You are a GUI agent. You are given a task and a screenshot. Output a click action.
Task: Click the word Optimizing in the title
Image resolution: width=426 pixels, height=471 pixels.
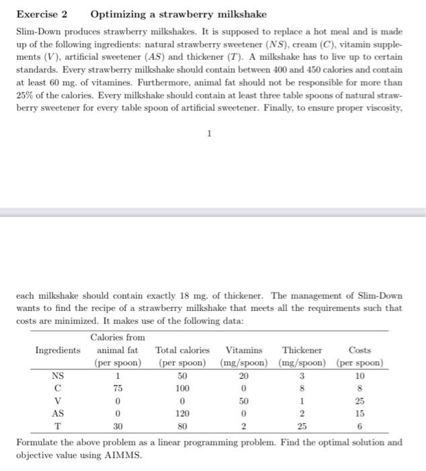click(x=117, y=14)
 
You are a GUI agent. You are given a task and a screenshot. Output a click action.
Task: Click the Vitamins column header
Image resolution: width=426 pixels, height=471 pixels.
click(x=244, y=350)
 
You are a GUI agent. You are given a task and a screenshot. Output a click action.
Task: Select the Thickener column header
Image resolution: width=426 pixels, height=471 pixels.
click(x=302, y=350)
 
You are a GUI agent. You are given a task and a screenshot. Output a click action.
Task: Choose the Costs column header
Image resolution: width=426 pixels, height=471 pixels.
click(x=359, y=350)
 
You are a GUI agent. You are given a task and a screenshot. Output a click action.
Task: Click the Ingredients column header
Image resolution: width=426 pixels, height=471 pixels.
click(x=58, y=350)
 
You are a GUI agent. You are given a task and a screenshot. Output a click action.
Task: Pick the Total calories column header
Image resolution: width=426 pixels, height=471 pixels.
click(x=182, y=350)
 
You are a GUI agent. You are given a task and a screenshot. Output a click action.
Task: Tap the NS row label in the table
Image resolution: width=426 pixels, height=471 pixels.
click(x=58, y=375)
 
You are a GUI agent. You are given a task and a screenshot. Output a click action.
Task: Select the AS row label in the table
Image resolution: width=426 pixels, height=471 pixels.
click(x=58, y=413)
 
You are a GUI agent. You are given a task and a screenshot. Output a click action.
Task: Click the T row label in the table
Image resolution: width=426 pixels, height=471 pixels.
click(x=58, y=426)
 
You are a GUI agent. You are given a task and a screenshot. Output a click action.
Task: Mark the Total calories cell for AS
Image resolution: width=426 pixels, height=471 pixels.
click(x=182, y=413)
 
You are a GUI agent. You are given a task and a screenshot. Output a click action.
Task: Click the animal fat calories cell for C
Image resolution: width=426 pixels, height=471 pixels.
click(x=118, y=388)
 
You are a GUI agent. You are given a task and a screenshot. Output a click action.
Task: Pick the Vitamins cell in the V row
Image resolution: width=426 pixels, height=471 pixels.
click(x=244, y=401)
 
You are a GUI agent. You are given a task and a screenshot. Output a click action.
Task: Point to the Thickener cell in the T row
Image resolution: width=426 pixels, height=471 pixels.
click(x=302, y=426)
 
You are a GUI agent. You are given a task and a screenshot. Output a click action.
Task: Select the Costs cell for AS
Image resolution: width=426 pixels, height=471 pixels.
click(x=359, y=413)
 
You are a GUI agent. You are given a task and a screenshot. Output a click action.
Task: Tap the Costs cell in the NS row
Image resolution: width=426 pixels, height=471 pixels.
click(x=359, y=375)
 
